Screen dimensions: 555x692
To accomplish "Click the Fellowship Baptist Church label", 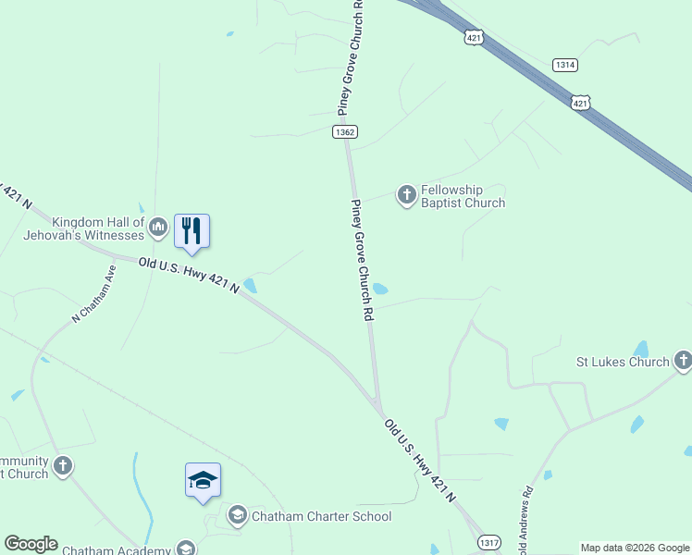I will coord(463,196).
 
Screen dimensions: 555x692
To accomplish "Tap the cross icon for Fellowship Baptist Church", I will coord(406,195).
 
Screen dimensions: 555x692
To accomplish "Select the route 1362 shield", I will coord(345,132).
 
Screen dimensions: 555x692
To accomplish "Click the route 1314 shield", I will coord(565,65).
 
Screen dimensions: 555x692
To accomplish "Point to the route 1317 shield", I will coord(491,543).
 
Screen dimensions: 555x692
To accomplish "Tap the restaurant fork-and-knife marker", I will coord(192,230).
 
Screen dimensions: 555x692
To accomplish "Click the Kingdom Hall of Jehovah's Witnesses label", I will coord(98,228).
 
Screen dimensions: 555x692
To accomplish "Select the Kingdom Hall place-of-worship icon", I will coord(158,225).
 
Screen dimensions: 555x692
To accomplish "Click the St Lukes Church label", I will coord(623,362).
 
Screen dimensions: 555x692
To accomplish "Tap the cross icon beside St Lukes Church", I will coord(683,361).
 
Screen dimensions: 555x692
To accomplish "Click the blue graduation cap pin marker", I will coord(203,479).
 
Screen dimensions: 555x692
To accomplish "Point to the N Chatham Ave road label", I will coord(95,294).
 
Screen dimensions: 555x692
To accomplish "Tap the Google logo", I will coord(31,544).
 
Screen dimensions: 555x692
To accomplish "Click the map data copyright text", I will coord(635,548).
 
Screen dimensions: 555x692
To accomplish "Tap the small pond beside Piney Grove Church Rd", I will coord(378,289).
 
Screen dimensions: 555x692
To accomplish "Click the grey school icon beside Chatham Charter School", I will coord(237,515).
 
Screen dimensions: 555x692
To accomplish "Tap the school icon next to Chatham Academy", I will coord(186,549).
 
